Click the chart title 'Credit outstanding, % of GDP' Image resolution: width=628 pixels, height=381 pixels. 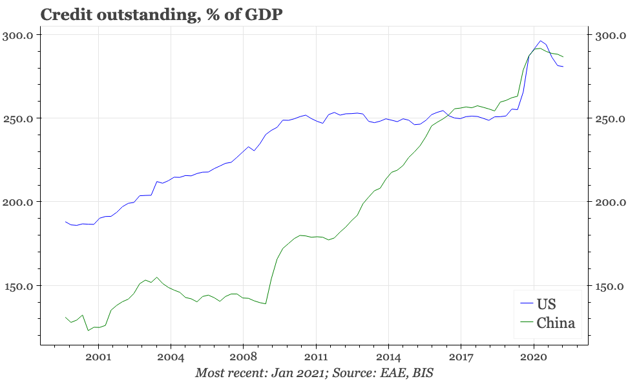[162, 14]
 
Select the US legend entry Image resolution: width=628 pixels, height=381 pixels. [547, 303]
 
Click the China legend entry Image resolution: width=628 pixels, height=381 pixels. [556, 323]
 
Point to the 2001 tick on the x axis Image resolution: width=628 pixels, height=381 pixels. [98, 357]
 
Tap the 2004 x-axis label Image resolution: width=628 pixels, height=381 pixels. [171, 357]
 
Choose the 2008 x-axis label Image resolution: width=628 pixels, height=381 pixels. [243, 357]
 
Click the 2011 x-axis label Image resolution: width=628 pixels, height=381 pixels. [316, 357]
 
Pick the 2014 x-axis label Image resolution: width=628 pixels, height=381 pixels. [388, 357]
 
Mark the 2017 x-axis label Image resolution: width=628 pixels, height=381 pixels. [461, 357]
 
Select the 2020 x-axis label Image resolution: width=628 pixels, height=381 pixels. [534, 357]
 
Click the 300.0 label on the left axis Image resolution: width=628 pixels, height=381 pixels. [20, 35]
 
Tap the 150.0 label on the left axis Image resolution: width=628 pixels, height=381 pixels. [20, 286]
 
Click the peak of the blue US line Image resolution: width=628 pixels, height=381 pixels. [540, 41]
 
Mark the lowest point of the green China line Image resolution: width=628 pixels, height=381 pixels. [89, 331]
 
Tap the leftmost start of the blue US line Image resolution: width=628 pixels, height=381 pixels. [65, 221]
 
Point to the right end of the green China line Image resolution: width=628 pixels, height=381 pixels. [563, 57]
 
